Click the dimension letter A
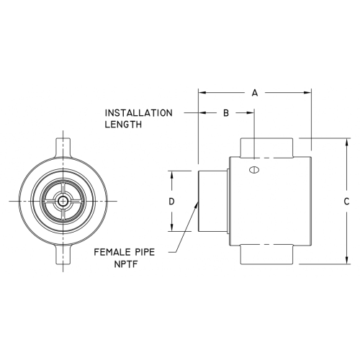click(x=255, y=93)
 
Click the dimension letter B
click(x=226, y=113)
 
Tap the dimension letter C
click(x=346, y=202)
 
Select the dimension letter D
click(x=171, y=202)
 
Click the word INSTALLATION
click(x=139, y=113)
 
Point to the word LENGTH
click(x=123, y=125)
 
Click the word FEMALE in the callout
click(x=109, y=252)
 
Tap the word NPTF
click(x=126, y=264)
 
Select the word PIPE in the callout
click(x=143, y=252)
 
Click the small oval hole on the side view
click(x=254, y=170)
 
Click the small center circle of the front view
click(x=63, y=201)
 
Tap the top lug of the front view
click(x=63, y=147)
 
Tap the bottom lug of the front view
click(x=63, y=255)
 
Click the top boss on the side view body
click(x=266, y=148)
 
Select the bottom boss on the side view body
click(x=266, y=254)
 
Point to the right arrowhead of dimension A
click(x=307, y=92)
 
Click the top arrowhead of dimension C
click(x=346, y=142)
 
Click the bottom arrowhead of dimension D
click(x=171, y=228)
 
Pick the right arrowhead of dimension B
click(x=251, y=112)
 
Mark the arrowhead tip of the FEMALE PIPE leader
click(x=198, y=202)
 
